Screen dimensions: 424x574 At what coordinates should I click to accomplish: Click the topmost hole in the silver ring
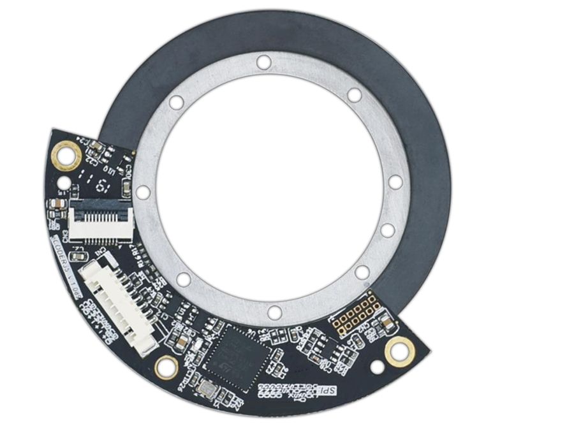[263, 62]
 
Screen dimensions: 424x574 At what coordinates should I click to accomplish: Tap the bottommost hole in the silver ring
[274, 312]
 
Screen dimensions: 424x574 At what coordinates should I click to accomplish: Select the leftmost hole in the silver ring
[143, 192]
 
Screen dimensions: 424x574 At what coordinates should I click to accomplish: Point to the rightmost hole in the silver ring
[395, 182]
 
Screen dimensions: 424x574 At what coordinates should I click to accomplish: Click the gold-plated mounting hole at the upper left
[66, 154]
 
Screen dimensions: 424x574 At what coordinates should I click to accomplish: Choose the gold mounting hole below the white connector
[166, 367]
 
